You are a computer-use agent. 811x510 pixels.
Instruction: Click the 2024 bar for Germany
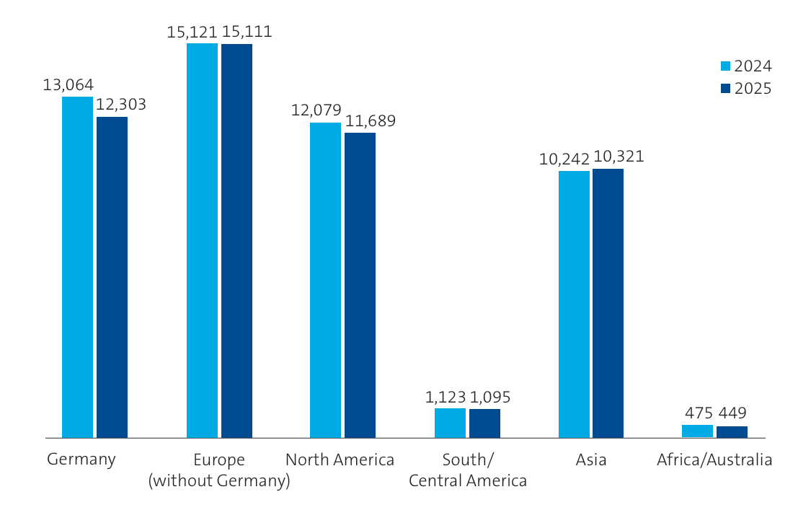(77, 267)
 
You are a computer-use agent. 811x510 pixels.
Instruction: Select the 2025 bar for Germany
(112, 277)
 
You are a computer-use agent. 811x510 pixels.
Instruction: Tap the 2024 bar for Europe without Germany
(202, 240)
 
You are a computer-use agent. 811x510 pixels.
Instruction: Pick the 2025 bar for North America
(360, 285)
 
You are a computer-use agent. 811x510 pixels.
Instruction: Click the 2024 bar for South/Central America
(450, 423)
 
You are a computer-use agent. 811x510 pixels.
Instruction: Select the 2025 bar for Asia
(608, 303)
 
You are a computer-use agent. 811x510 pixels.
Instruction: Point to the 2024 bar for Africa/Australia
(697, 431)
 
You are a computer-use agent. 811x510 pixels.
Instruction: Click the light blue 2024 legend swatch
(726, 66)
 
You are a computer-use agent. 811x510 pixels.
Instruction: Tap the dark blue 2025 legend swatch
(726, 89)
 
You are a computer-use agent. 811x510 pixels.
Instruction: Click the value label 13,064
(68, 85)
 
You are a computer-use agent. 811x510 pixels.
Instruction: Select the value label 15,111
(247, 32)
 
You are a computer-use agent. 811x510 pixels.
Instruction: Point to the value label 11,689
(370, 121)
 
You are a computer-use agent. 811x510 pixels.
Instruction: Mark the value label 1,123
(445, 397)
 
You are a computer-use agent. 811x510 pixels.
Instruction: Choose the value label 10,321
(619, 157)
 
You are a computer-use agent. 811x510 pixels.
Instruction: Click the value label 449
(732, 413)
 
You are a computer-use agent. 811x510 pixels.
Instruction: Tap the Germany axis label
(81, 460)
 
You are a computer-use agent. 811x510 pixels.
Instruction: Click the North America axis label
(340, 460)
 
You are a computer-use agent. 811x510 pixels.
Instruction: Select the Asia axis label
(591, 460)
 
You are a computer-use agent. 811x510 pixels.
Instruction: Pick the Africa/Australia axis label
(714, 460)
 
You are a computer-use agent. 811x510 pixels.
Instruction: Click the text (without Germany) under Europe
(219, 480)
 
